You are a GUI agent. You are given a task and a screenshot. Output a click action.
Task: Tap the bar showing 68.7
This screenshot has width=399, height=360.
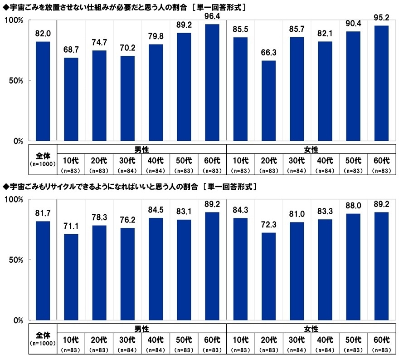click(x=71, y=99)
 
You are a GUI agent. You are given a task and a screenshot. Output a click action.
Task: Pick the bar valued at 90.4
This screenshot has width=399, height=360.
click(x=354, y=86)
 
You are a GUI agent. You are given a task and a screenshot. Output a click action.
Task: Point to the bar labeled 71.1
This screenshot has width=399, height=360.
click(x=71, y=277)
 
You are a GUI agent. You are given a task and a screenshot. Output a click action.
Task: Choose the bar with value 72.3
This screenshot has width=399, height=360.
click(x=269, y=276)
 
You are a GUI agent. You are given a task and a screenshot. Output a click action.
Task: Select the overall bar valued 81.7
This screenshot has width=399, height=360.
click(x=43, y=271)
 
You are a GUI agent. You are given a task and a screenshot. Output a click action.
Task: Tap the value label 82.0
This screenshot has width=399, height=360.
click(x=43, y=33)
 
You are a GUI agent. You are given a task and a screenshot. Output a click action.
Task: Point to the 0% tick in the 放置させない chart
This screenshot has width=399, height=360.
click(x=19, y=141)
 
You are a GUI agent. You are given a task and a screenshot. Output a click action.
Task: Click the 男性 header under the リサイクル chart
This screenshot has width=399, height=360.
click(x=141, y=328)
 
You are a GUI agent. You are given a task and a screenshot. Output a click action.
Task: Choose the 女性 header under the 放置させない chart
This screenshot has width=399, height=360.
click(x=311, y=149)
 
